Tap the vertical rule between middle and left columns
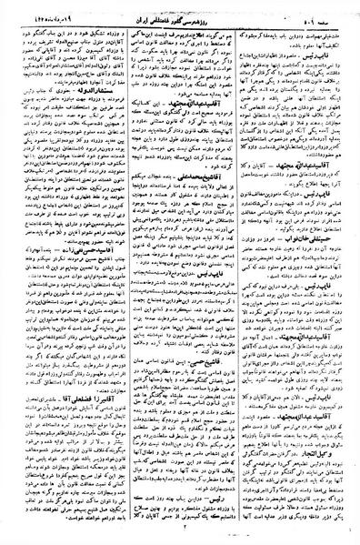(124, 273)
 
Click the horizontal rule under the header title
(180, 24)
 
